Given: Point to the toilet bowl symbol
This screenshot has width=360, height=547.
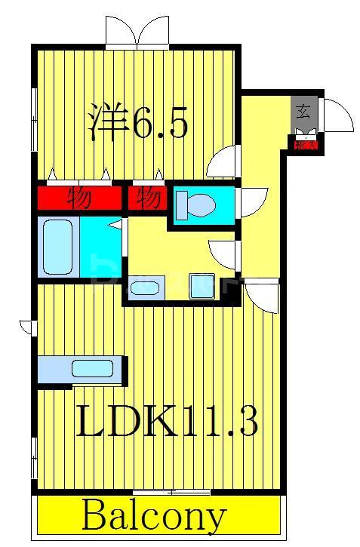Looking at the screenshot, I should [x=198, y=203].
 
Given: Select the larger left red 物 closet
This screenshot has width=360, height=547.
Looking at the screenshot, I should [x=79, y=199].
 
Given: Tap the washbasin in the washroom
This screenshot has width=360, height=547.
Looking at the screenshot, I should [x=144, y=287].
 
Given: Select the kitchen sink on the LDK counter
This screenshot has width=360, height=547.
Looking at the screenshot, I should [x=92, y=369].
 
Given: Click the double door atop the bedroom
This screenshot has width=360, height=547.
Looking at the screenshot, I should [x=137, y=32].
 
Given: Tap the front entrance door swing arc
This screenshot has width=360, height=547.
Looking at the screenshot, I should [x=337, y=115].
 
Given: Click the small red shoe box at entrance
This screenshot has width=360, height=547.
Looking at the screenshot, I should [x=305, y=143].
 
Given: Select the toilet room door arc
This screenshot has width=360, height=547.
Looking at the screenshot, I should [x=252, y=202].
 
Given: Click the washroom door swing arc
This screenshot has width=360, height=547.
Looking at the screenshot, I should [x=223, y=254].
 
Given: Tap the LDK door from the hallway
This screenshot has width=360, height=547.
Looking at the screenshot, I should [x=262, y=296].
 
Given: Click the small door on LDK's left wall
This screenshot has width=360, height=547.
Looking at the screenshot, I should [x=26, y=326].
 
